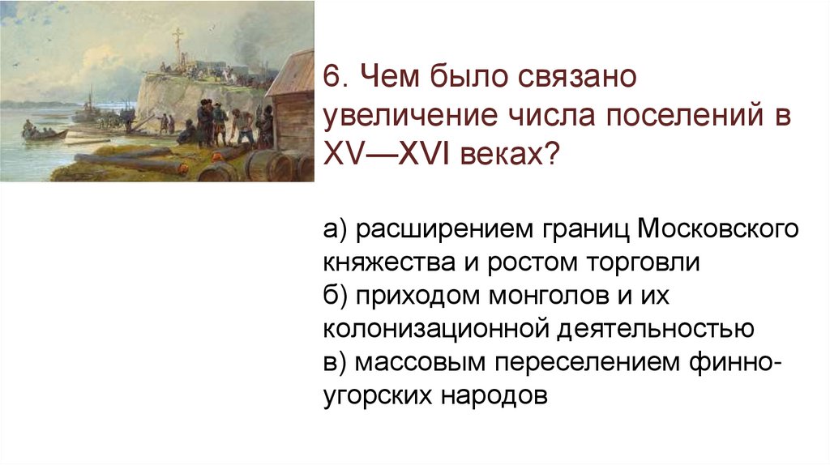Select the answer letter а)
335,230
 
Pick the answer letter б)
335,296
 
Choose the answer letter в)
335,363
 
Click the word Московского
717,230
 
